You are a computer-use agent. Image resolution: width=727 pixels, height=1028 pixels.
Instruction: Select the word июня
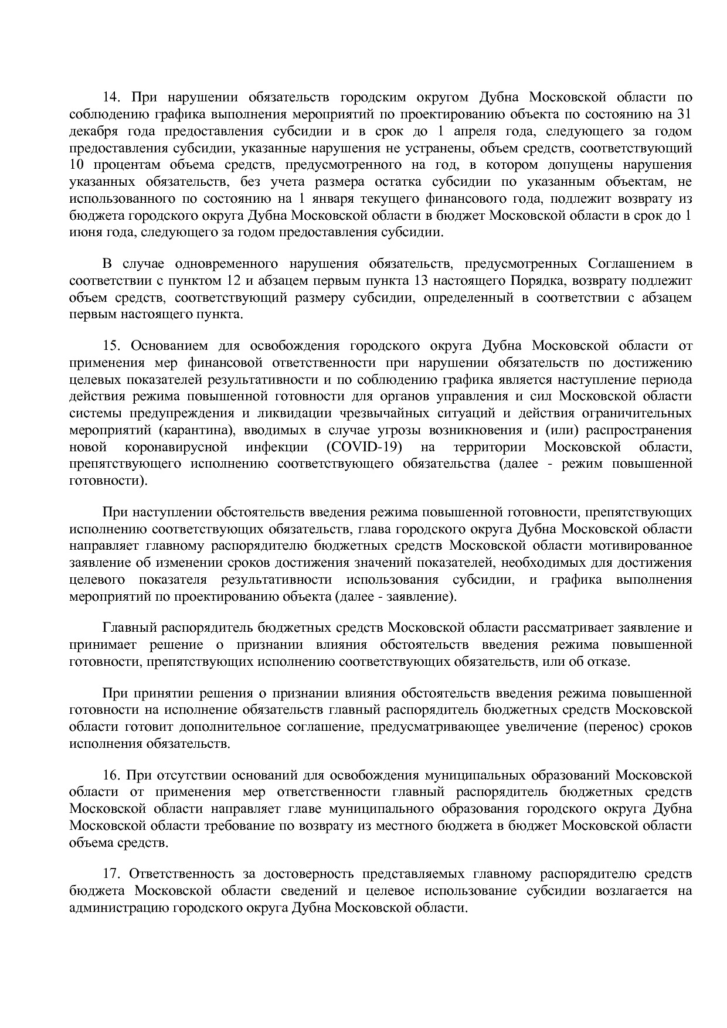[x=83, y=233]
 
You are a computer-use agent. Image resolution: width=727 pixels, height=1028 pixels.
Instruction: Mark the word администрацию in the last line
[x=119, y=908]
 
